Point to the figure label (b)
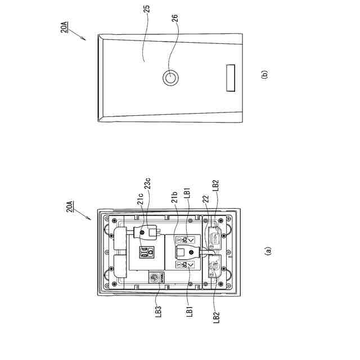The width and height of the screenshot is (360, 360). coord(264,73)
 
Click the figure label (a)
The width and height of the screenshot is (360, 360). coord(268,250)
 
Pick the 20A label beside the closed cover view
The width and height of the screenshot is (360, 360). coord(65,26)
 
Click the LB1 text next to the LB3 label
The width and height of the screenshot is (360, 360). coord(190,310)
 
